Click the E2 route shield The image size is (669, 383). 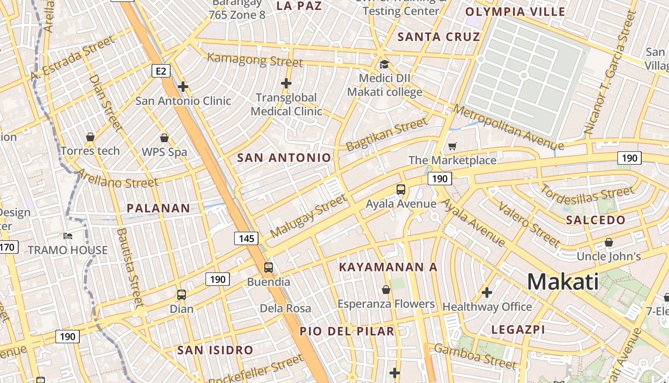tap(161, 71)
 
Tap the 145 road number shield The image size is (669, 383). tap(246, 238)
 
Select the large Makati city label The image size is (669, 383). tap(563, 282)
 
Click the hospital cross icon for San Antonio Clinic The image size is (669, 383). tap(183, 87)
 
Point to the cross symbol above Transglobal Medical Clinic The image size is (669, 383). tap(286, 84)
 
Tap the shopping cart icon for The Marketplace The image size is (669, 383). tap(452, 146)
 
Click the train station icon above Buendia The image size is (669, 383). tap(269, 267)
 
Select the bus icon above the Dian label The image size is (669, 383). tap(182, 294)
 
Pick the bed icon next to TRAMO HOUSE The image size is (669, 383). tap(68, 236)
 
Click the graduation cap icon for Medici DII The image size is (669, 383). tap(384, 64)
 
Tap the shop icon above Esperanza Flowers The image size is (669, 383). tap(386, 290)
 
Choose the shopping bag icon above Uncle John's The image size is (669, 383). tap(608, 242)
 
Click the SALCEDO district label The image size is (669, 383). tap(595, 220)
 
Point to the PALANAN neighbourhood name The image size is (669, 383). tap(158, 208)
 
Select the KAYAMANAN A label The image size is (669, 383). tap(388, 267)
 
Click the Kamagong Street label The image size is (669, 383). tap(255, 60)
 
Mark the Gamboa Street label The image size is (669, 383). tap(475, 357)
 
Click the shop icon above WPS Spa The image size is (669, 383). tap(164, 138)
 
